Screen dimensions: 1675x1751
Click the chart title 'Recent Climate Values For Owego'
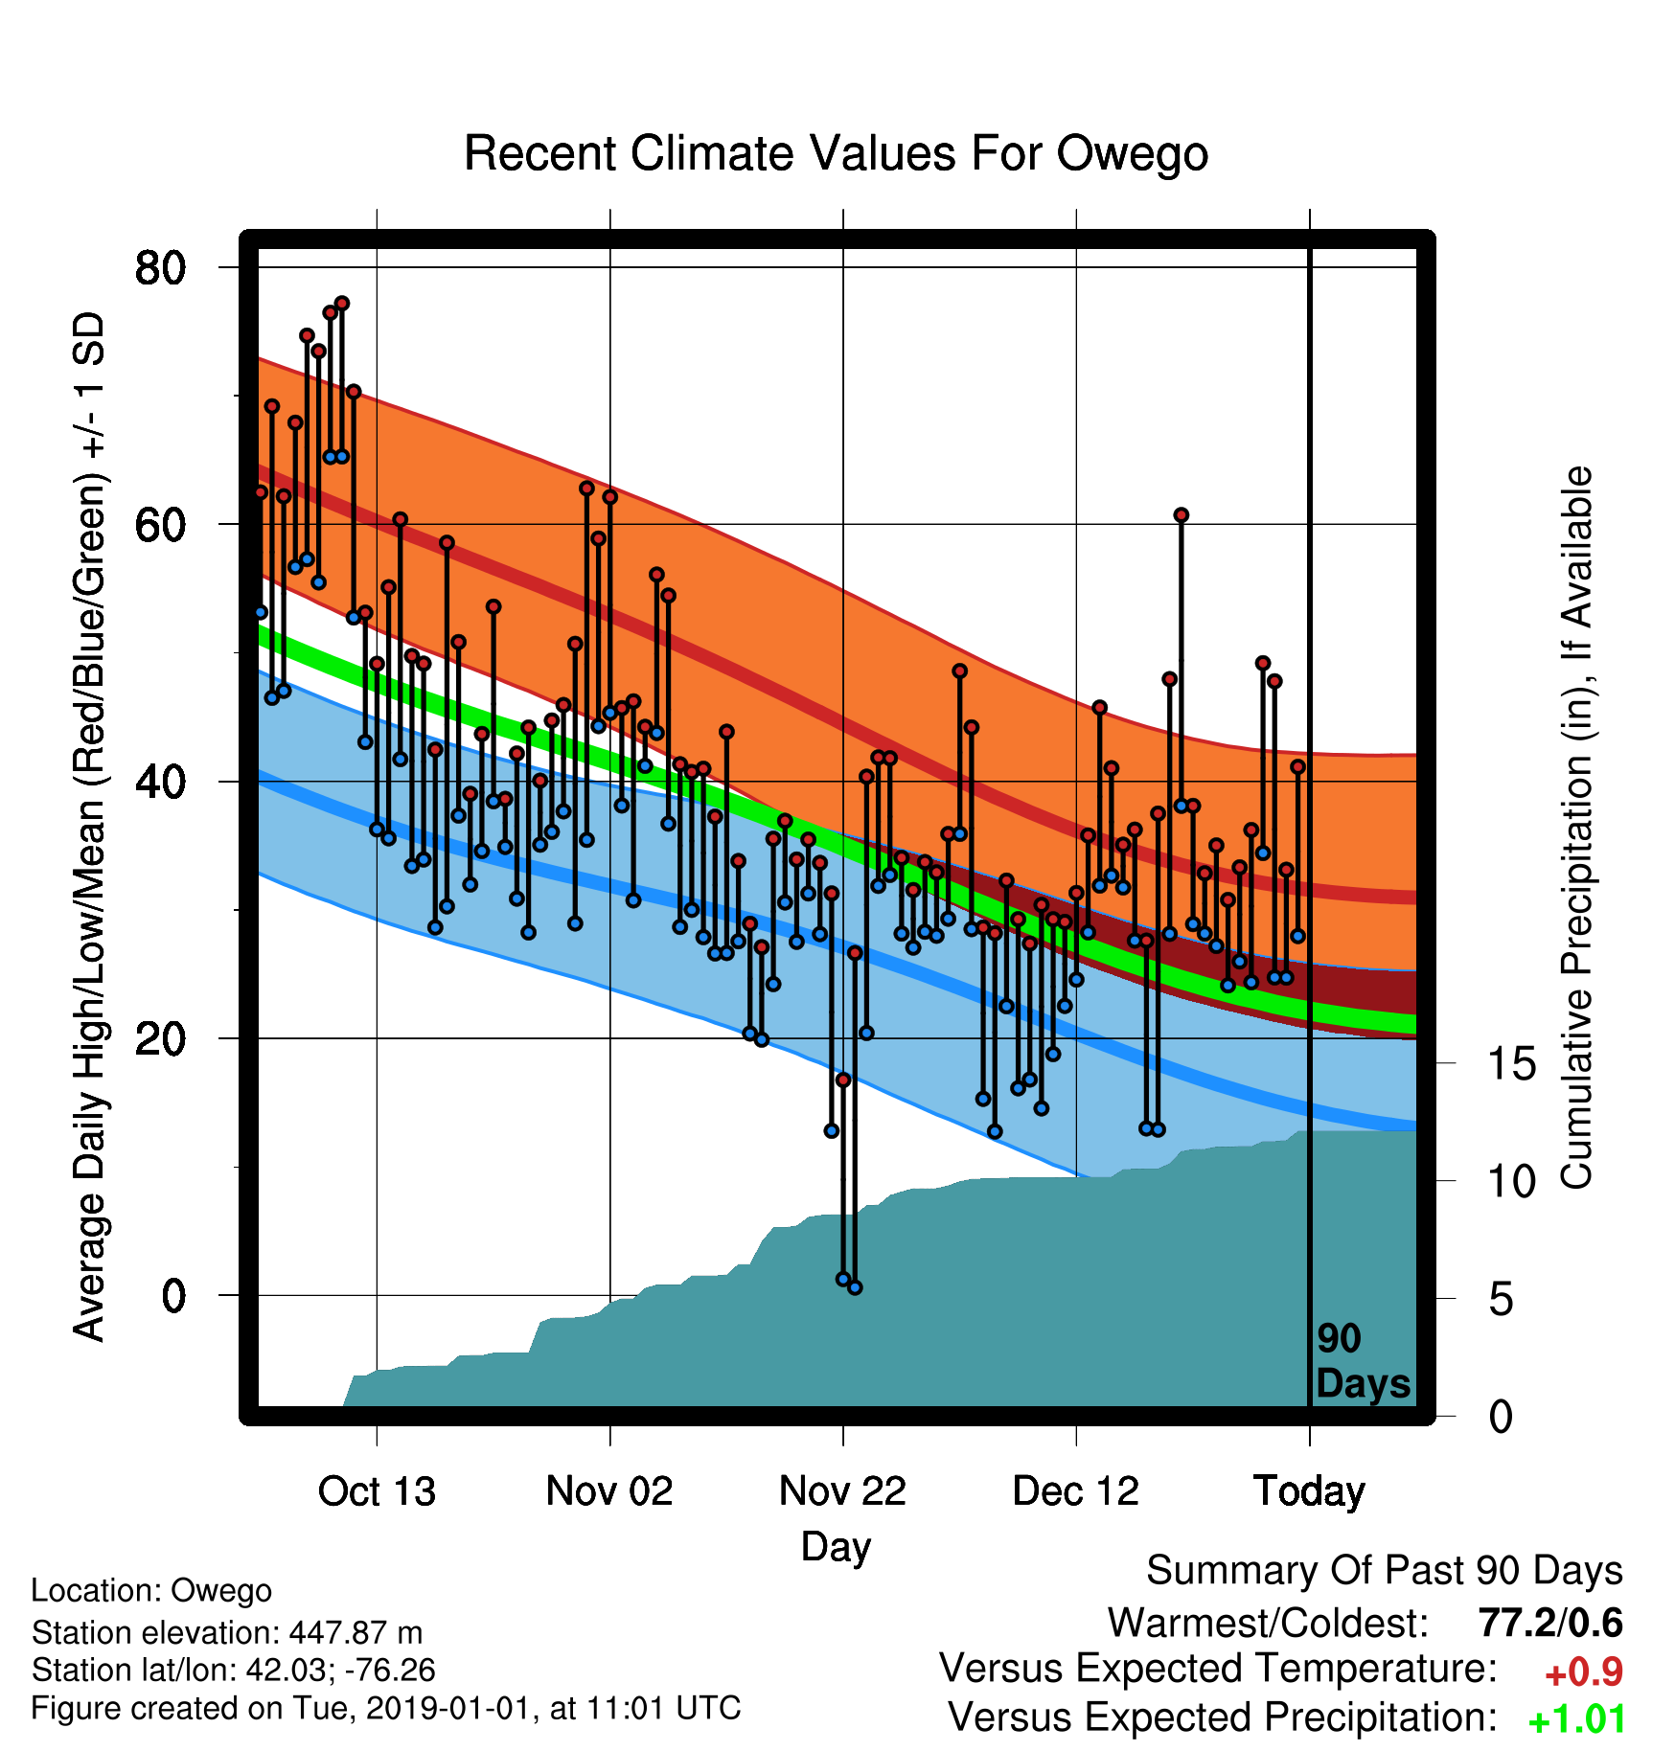point(836,153)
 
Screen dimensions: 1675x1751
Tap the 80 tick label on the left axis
point(160,267)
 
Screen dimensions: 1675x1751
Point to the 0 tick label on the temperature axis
point(173,1296)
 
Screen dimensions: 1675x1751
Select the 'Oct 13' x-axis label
point(377,1490)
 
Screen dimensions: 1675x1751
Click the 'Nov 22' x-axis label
point(842,1490)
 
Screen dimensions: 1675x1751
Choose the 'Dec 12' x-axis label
point(1076,1490)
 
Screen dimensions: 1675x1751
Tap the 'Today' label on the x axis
point(1309,1491)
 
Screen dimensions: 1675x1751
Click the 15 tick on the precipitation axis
point(1511,1063)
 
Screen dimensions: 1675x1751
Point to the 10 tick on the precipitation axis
point(1511,1181)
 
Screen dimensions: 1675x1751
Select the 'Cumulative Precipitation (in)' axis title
point(1576,828)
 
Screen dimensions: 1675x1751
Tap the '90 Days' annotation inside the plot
point(1363,1361)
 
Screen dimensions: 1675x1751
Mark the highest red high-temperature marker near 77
point(342,304)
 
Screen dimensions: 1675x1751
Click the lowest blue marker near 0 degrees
point(855,1287)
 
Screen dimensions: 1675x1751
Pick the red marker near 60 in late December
point(1182,515)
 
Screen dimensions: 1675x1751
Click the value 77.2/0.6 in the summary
point(1550,1623)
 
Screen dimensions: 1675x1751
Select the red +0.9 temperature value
point(1584,1672)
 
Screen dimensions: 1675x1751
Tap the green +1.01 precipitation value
point(1577,1719)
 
